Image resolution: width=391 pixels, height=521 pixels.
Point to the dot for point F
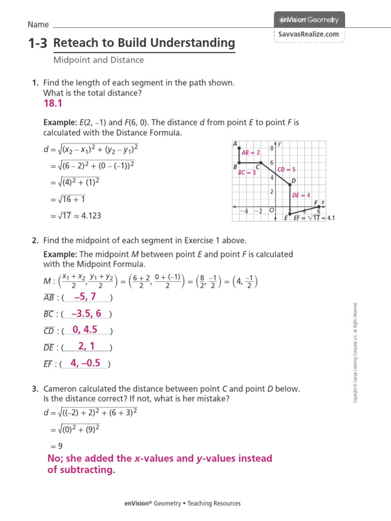coord(319,207)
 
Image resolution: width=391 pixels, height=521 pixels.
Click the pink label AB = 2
coord(250,152)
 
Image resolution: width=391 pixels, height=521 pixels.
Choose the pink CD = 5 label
coord(287,169)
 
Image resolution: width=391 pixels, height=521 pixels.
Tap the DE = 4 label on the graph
coord(301,195)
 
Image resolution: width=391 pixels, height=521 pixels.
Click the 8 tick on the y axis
coord(272,149)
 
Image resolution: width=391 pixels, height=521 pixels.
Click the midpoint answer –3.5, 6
coord(86,313)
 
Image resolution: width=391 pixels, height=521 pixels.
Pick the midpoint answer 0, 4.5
coord(85,330)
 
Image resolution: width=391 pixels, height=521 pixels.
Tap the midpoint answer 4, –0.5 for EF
coord(86,363)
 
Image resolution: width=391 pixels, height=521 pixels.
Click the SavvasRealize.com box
coord(309,34)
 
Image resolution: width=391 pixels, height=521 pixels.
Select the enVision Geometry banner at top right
coord(309,20)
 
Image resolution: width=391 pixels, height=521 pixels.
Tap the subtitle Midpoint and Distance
coord(99,60)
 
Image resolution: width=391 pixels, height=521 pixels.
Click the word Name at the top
coord(38,24)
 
